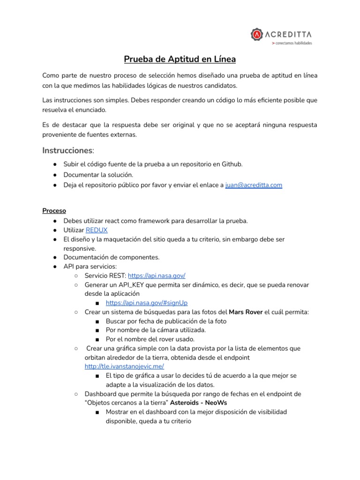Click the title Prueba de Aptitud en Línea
(x=180, y=59)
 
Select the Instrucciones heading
(x=68, y=150)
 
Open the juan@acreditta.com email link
(x=254, y=185)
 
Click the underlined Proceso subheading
(x=54, y=210)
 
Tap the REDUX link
(x=97, y=230)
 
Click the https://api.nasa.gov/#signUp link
(x=147, y=303)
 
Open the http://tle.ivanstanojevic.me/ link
(x=124, y=366)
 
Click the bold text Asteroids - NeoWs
(x=194, y=403)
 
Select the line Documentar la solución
(x=95, y=174)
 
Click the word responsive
(x=80, y=248)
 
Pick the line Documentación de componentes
(x=112, y=257)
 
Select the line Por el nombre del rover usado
(x=150, y=339)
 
